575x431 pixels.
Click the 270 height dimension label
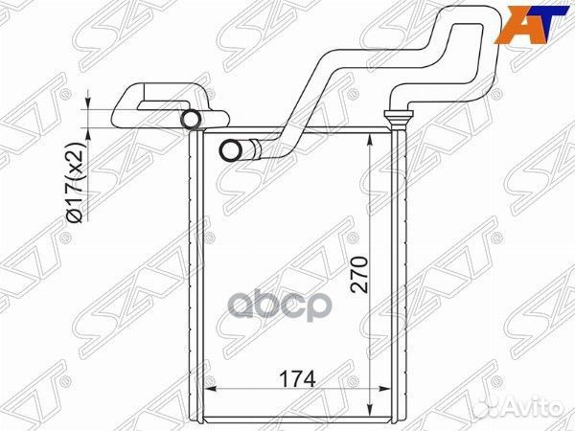click(359, 275)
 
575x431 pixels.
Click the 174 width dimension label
click(297, 379)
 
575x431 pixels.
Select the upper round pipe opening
click(192, 119)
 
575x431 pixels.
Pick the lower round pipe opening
click(231, 150)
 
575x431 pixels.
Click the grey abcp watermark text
click(280, 305)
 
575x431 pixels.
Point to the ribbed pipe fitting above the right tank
click(398, 119)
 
